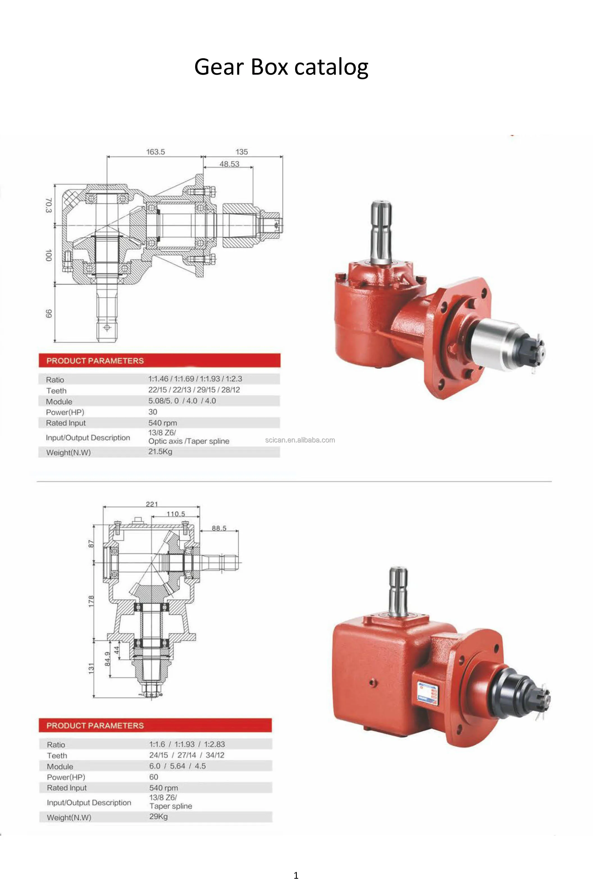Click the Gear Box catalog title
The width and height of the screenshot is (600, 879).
click(x=281, y=67)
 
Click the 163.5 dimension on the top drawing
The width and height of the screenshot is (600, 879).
click(x=156, y=152)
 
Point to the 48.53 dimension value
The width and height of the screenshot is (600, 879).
click(x=229, y=164)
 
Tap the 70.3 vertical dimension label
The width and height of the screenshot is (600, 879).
click(x=48, y=205)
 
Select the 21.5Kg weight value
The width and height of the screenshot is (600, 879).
click(x=160, y=452)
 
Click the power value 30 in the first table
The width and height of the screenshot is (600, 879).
click(x=152, y=412)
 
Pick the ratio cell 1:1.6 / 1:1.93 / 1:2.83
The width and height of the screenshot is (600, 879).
click(x=187, y=744)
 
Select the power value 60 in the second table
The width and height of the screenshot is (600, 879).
click(x=154, y=777)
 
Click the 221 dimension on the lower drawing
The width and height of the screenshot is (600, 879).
click(x=152, y=504)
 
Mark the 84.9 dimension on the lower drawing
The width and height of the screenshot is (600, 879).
click(x=108, y=659)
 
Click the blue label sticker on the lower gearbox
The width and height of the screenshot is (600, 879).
click(x=427, y=693)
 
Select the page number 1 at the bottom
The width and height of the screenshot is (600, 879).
click(x=296, y=875)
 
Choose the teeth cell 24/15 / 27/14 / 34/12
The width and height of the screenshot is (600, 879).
click(x=186, y=755)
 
